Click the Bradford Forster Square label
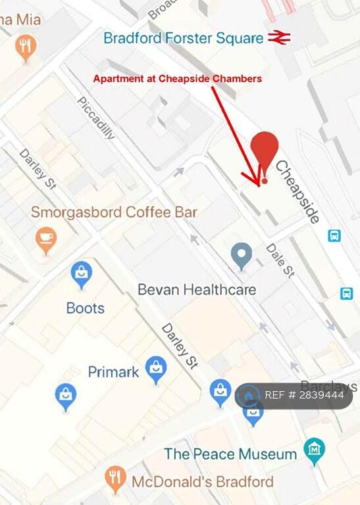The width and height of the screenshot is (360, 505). (183, 37)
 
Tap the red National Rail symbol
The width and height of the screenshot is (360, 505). (279, 37)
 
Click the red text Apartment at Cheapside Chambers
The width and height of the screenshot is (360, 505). (178, 79)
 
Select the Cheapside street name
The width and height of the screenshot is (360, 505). (297, 192)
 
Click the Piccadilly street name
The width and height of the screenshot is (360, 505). (96, 118)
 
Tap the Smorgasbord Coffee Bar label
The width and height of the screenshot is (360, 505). (114, 212)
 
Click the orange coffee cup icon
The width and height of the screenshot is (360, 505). (45, 238)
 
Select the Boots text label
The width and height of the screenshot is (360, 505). (86, 308)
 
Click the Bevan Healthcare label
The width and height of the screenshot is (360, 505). (197, 289)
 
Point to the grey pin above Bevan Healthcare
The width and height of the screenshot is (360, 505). (242, 254)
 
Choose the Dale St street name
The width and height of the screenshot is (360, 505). (280, 260)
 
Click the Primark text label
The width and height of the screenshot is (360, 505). (113, 372)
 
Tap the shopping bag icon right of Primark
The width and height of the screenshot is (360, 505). (156, 369)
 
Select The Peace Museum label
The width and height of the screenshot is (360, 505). (230, 454)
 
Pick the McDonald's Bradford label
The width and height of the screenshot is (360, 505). (202, 481)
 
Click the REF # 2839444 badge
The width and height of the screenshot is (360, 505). (294, 396)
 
